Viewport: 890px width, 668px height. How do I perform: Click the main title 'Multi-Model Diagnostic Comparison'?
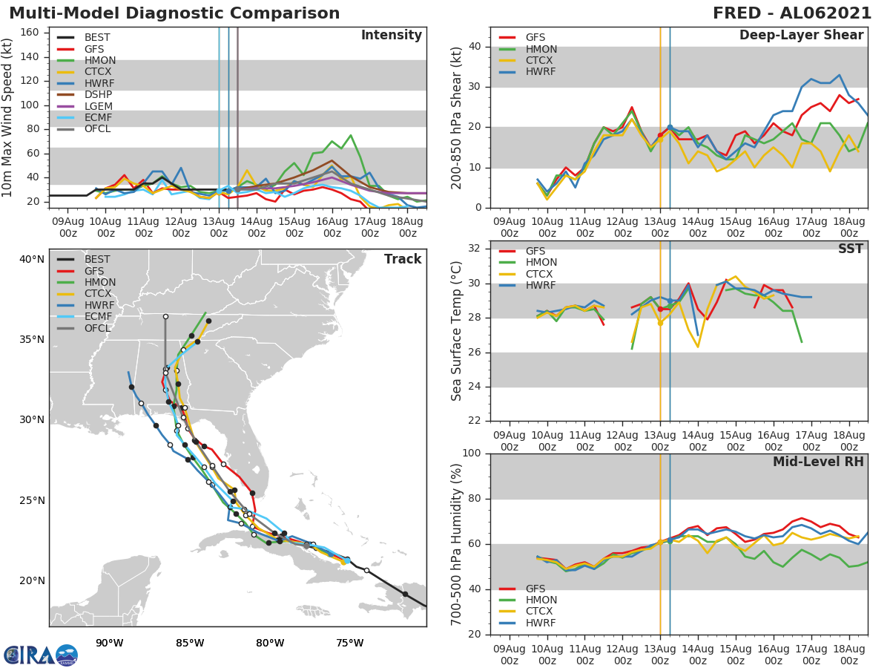pos(174,13)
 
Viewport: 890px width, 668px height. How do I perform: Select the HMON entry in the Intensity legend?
pos(99,60)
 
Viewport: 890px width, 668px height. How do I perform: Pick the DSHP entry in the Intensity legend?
pos(99,95)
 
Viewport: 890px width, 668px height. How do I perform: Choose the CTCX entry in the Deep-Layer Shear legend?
pos(541,60)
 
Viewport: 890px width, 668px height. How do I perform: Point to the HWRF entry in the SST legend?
pos(541,286)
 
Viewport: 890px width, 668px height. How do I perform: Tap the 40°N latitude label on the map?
pos(32,259)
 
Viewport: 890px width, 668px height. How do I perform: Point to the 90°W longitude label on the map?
pos(109,643)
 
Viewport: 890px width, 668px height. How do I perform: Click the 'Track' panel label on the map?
pos(403,259)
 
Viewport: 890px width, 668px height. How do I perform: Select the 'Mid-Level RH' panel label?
pos(818,462)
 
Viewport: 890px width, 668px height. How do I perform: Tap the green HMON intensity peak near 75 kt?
pos(351,135)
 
